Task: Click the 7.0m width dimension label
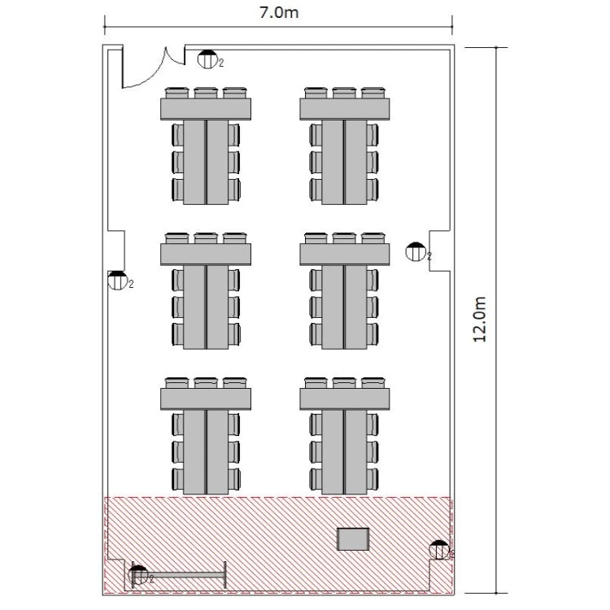[x=279, y=12]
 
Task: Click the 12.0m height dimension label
[x=480, y=320]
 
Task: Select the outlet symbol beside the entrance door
[x=207, y=59]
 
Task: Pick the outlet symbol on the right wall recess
[x=416, y=251]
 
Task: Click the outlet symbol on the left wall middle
[x=117, y=281]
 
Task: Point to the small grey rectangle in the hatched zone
[x=353, y=539]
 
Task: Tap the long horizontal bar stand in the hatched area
[x=180, y=574]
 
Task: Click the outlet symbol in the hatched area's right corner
[x=439, y=550]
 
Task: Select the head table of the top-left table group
[x=206, y=109]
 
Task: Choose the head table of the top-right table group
[x=345, y=109]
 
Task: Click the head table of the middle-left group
[x=206, y=255]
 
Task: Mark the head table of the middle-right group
[x=345, y=255]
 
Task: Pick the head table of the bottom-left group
[x=206, y=399]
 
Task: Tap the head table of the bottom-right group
[x=345, y=399]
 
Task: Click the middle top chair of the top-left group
[x=206, y=93]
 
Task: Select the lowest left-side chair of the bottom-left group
[x=178, y=480]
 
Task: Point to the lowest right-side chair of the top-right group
[x=373, y=190]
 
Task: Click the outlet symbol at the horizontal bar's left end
[x=138, y=575]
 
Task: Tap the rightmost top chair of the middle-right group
[x=373, y=238]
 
